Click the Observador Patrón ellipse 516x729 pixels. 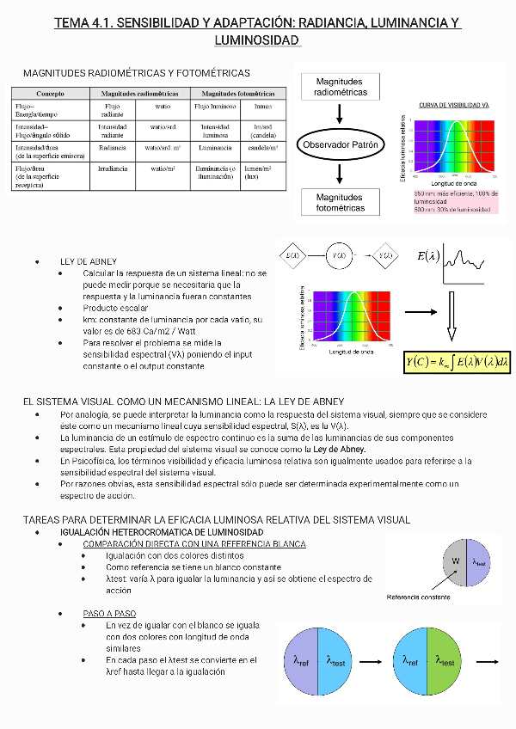pos(341,145)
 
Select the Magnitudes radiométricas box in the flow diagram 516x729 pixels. pos(340,87)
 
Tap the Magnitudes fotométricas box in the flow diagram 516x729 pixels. pos(340,203)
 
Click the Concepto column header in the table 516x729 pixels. pos(51,93)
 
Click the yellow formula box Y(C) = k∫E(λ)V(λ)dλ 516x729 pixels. pos(457,362)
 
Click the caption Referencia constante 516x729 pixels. pos(419,597)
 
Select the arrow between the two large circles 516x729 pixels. pos(373,661)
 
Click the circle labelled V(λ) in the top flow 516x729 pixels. pos(340,255)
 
